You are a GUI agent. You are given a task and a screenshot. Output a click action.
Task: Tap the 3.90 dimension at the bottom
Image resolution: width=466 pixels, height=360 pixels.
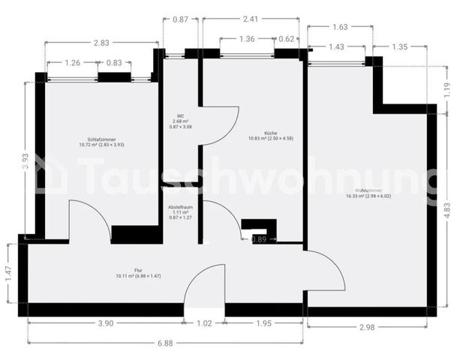(x=106, y=324)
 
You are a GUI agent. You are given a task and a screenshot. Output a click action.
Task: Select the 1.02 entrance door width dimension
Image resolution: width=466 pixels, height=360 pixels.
(x=204, y=324)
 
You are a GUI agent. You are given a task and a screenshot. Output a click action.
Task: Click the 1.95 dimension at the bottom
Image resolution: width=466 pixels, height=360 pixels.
(x=265, y=324)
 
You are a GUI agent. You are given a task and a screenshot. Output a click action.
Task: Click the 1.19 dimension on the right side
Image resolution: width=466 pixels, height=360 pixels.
(x=448, y=90)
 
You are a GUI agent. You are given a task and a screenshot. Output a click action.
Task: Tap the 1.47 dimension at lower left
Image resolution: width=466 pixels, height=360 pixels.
(x=8, y=272)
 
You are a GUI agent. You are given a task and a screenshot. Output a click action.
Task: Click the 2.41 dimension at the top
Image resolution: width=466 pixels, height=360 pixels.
(x=251, y=19)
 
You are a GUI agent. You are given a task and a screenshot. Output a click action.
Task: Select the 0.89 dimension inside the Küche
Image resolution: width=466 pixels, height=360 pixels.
(x=258, y=239)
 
